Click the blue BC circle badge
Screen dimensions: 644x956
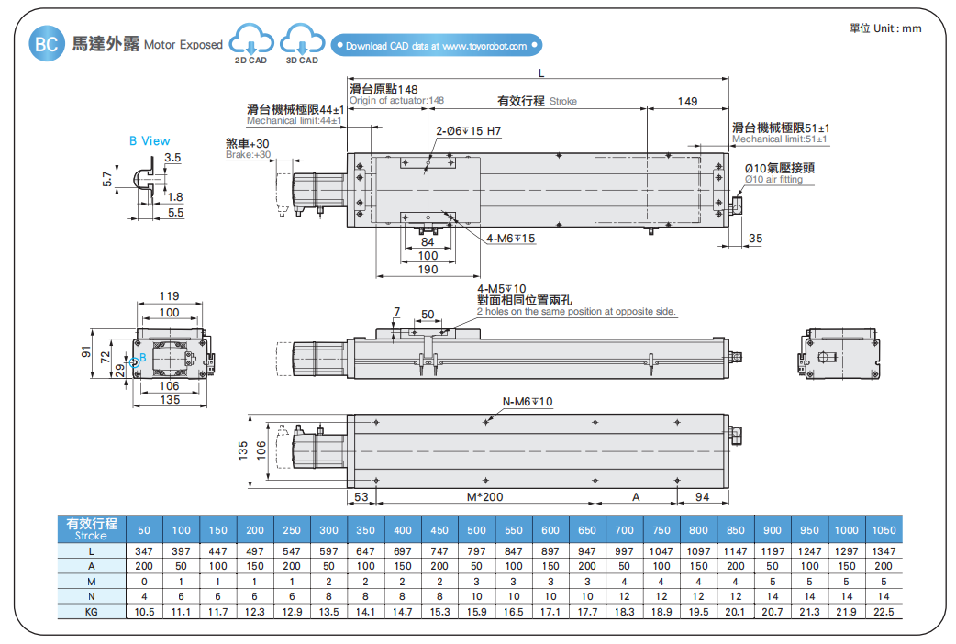pos(46,44)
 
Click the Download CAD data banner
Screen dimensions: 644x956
pos(437,45)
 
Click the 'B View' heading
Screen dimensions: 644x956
pos(150,141)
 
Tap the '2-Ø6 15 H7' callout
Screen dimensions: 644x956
pos(468,131)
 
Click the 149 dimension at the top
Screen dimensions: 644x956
pos(687,101)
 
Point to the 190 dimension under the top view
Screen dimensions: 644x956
pos(428,270)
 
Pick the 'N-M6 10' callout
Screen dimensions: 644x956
pos(528,402)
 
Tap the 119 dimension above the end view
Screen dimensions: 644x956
pos(169,296)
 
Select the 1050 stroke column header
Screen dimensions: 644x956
pos(884,530)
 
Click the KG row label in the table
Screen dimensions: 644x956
pos(91,611)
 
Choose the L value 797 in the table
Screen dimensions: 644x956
pos(476,551)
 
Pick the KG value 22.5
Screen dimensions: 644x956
pos(884,611)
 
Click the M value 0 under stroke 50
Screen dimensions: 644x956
pos(144,582)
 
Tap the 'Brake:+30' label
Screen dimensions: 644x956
pos(248,155)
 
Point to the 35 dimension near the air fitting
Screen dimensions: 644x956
pos(755,239)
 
